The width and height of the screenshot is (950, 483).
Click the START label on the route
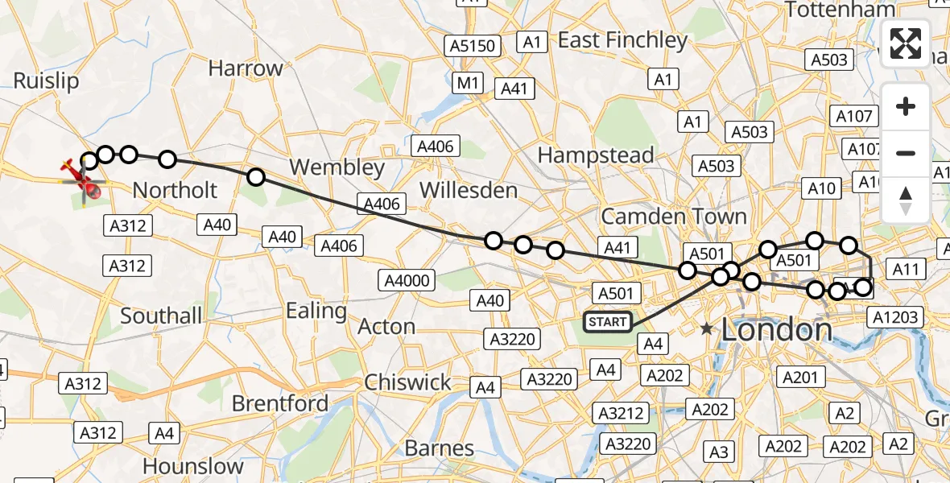pos(608,322)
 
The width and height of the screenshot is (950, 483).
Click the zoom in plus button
pos(906,106)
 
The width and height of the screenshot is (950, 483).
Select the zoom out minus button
pos(906,153)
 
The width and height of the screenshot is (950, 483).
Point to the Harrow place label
pos(246,68)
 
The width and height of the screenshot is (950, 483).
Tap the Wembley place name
pos(337,167)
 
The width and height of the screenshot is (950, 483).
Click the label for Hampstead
pos(597,155)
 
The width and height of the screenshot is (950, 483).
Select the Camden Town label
pos(674,217)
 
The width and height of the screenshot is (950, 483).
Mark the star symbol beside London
pos(707,329)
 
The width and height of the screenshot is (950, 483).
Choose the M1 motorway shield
pos(468,82)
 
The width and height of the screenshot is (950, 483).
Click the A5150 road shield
pos(473,46)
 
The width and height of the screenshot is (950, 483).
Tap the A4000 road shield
pos(408,280)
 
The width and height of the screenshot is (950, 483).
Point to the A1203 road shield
pos(894,317)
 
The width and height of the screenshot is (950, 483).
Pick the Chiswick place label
pos(407,382)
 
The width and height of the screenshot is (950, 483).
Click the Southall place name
pos(161,316)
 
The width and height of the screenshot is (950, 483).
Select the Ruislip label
pos(47,81)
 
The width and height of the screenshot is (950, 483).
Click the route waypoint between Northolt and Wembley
pos(255,177)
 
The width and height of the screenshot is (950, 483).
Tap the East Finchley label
pos(622,40)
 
